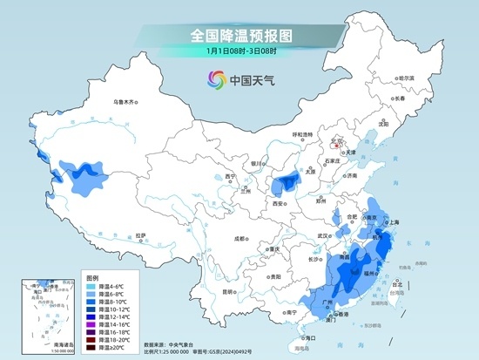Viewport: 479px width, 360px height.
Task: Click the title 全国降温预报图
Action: [x=239, y=36]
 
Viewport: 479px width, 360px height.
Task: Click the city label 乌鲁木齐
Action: [x=126, y=103]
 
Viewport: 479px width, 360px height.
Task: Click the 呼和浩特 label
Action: [x=301, y=134]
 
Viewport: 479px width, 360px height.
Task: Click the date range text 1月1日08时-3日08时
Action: [x=239, y=51]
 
